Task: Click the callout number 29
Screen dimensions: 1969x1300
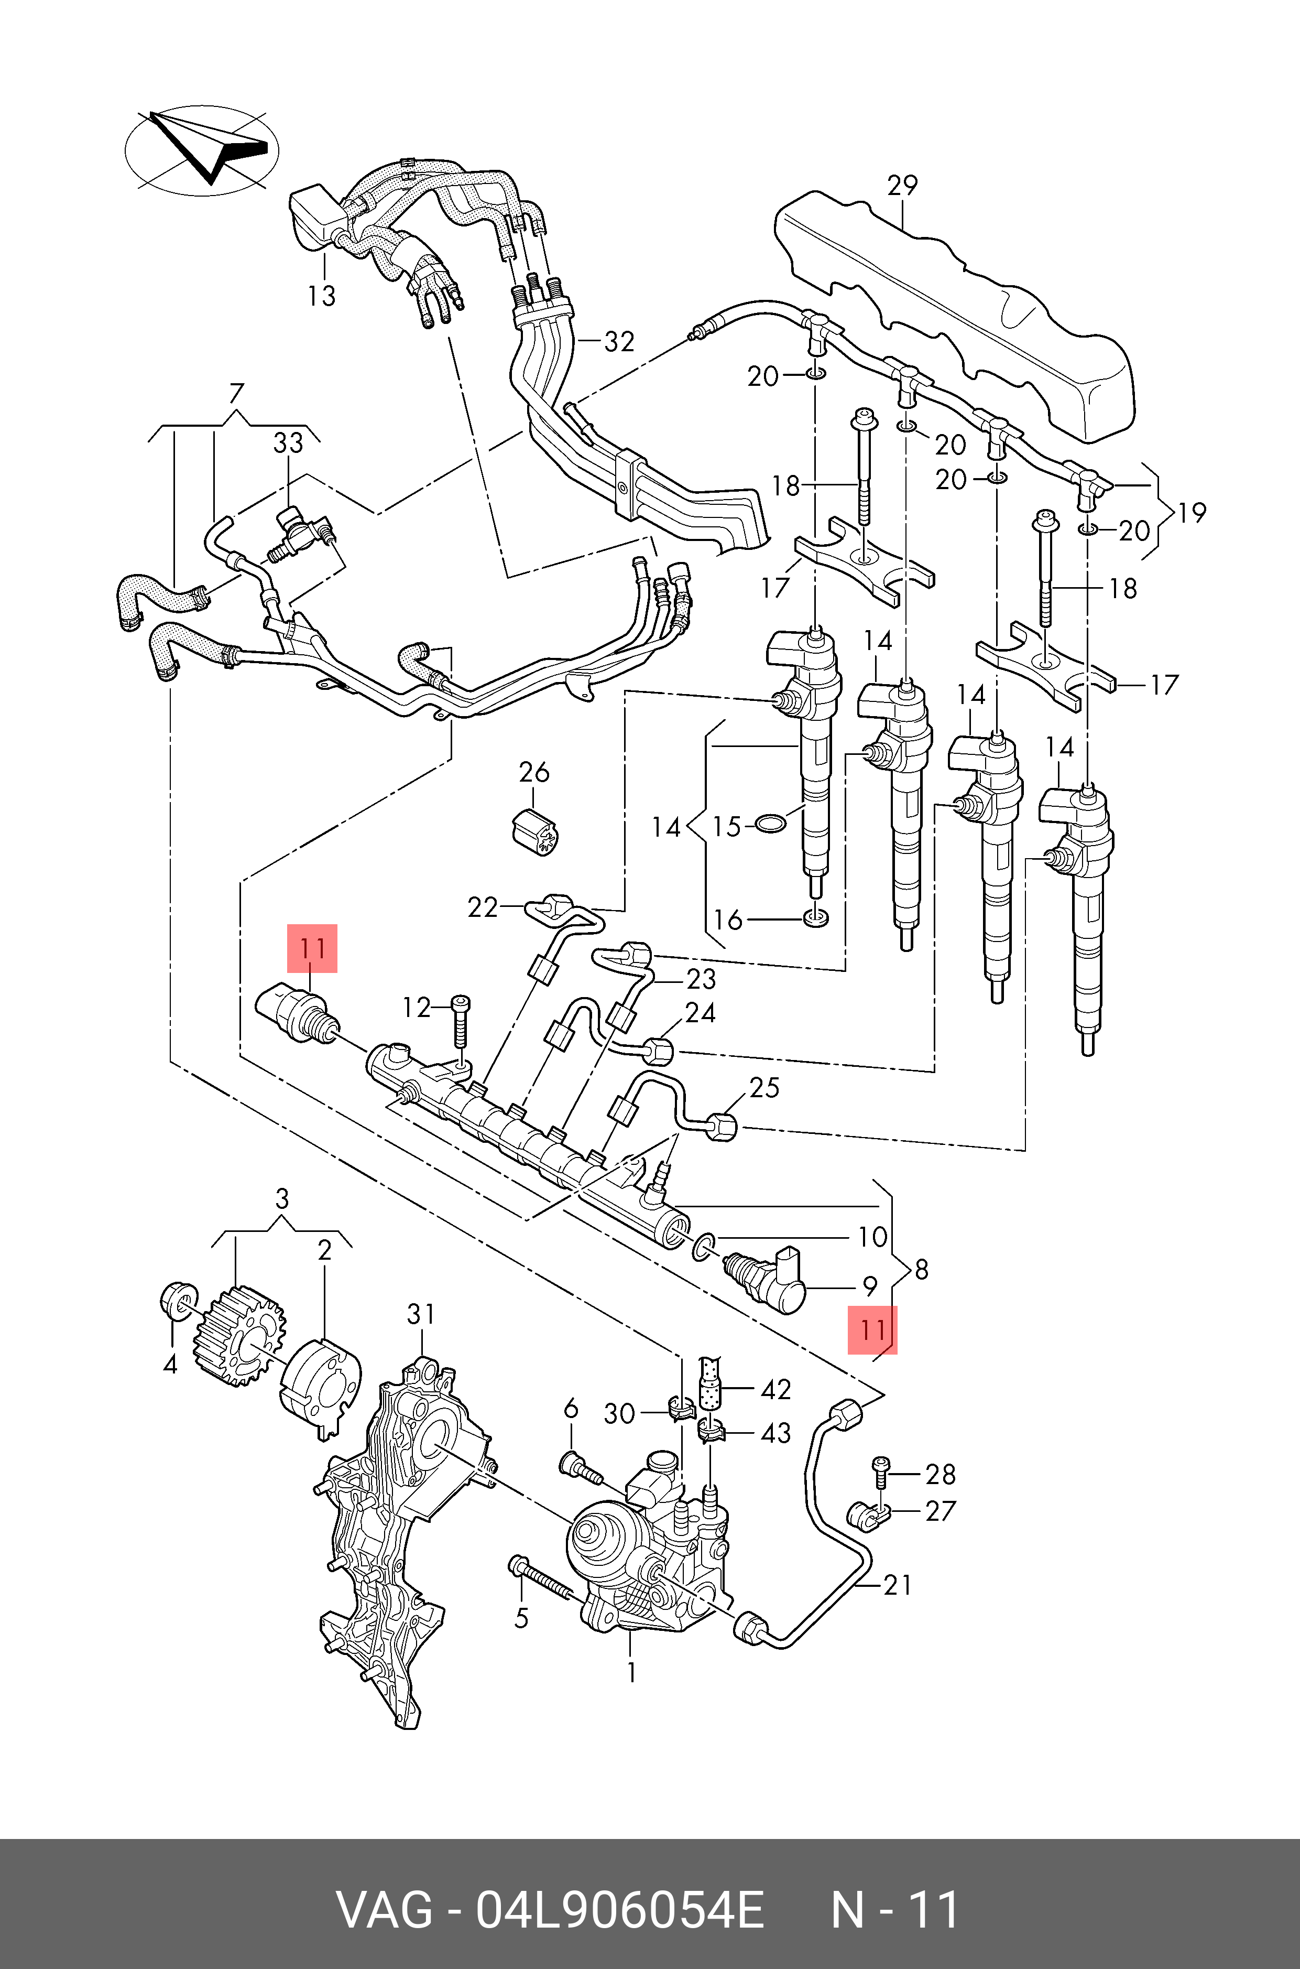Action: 902,185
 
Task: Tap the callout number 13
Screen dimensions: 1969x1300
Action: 322,296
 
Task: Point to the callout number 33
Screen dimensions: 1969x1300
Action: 289,443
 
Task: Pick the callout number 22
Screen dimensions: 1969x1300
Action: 483,907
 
